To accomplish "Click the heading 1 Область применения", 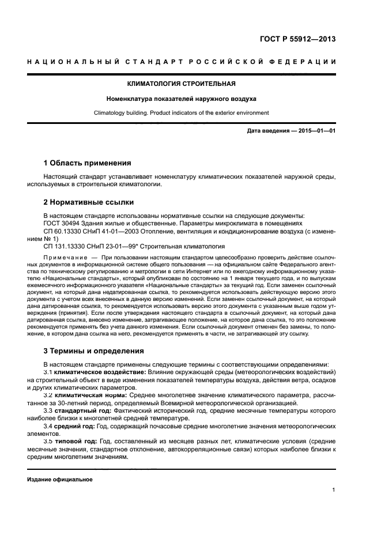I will point(87,163).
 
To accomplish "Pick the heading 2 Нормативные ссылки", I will point(89,202).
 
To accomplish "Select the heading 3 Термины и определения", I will point(94,350).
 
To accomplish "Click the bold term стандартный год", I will point(78,410).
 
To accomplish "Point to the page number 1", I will point(334,491).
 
